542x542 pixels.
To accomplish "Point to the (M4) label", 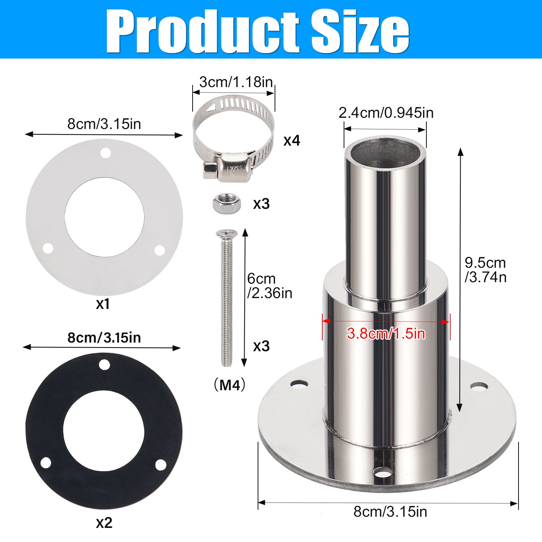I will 230,385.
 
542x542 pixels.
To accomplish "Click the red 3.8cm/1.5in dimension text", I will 386,333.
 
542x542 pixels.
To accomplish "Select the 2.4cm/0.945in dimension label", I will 386,113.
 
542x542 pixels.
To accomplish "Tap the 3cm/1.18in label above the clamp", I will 236,82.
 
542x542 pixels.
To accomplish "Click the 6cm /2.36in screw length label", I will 270,286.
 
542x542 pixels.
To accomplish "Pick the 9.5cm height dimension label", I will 485,270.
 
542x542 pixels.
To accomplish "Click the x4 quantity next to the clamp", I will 292,140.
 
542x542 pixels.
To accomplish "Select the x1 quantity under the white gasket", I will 103,304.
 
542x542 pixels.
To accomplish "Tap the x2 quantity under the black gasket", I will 104,523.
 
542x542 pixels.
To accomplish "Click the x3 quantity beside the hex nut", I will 261,204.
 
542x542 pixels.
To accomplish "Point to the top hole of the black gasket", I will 104,365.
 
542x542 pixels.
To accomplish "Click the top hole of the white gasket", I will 106,153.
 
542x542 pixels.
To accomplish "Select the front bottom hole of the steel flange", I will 382,472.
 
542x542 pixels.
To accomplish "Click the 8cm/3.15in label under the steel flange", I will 390,512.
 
